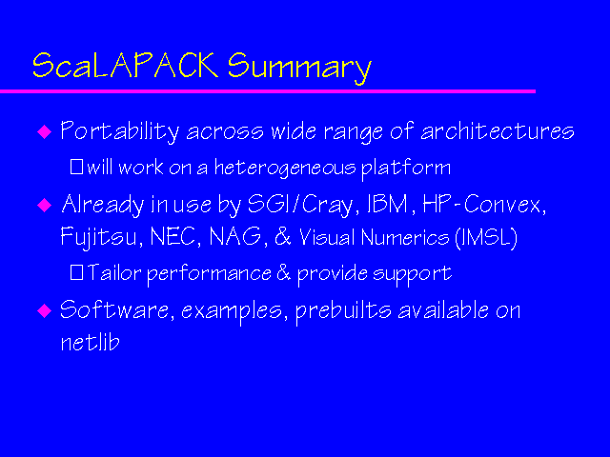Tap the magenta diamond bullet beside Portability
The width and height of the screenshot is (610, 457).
(x=43, y=132)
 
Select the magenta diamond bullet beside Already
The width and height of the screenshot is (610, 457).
(x=43, y=205)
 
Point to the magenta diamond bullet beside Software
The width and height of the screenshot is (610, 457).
(x=43, y=310)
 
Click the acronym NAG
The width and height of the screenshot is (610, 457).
(x=244, y=237)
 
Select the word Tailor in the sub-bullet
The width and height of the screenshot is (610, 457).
(x=110, y=273)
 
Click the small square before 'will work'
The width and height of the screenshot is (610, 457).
(x=77, y=169)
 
